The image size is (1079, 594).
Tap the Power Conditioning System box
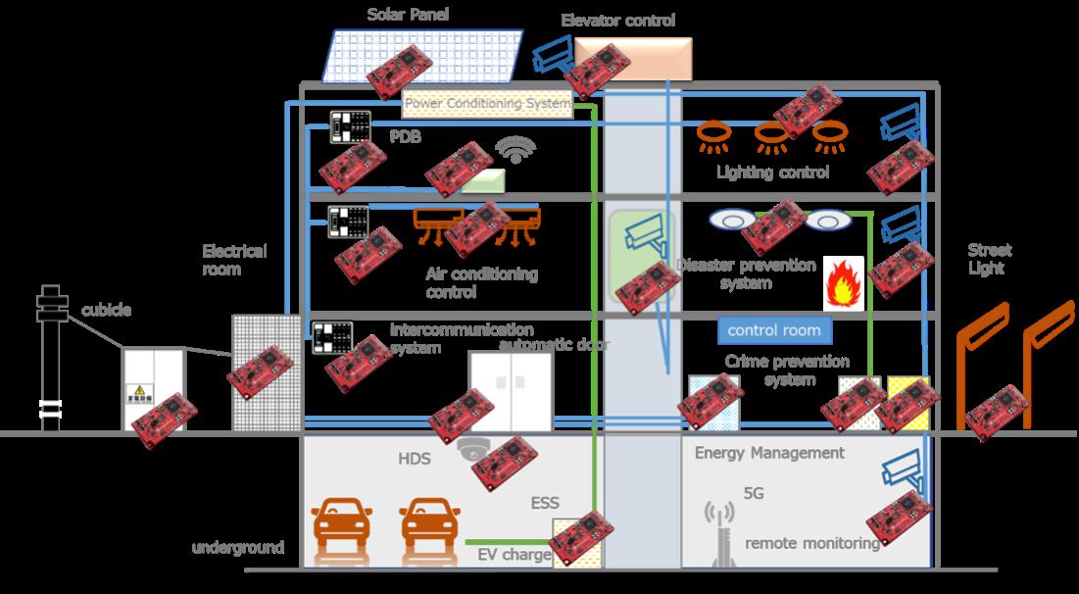(x=487, y=103)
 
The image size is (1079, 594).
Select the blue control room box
(x=773, y=329)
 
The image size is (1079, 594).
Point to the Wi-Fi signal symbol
(x=515, y=150)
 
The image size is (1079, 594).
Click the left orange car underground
(x=342, y=525)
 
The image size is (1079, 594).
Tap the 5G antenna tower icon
(x=720, y=533)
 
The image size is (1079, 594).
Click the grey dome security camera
(x=472, y=449)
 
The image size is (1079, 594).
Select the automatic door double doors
(x=510, y=389)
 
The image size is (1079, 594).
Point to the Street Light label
(x=990, y=259)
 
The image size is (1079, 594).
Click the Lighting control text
(x=772, y=173)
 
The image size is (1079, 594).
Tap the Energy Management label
(x=769, y=453)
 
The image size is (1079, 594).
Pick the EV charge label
(x=513, y=555)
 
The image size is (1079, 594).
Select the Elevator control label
(x=617, y=20)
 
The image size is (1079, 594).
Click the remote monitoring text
(x=812, y=543)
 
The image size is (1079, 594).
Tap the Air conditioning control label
(x=481, y=282)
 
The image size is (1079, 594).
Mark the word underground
(x=238, y=547)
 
